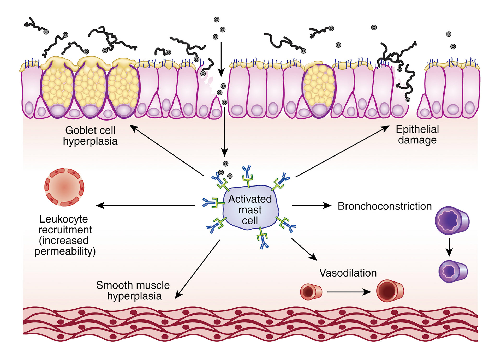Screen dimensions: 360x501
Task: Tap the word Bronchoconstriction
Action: [384, 206]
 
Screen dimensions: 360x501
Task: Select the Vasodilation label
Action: [348, 273]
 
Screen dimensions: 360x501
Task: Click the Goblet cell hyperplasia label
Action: [90, 136]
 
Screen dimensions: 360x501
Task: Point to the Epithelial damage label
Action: [417, 135]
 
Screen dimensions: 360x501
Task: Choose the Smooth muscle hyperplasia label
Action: [133, 290]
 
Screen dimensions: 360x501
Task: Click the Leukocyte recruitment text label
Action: [65, 235]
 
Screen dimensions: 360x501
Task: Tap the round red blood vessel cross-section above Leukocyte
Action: [64, 187]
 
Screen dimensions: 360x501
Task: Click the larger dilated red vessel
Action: [390, 291]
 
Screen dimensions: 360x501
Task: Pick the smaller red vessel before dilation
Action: [311, 292]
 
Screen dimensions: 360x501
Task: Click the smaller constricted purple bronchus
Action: [453, 271]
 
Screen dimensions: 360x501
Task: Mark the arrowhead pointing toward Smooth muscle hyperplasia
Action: [178, 296]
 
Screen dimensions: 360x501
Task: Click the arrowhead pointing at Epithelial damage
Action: [386, 128]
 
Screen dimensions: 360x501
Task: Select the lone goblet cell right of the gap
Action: [319, 90]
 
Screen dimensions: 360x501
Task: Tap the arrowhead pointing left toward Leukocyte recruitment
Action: [99, 206]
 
